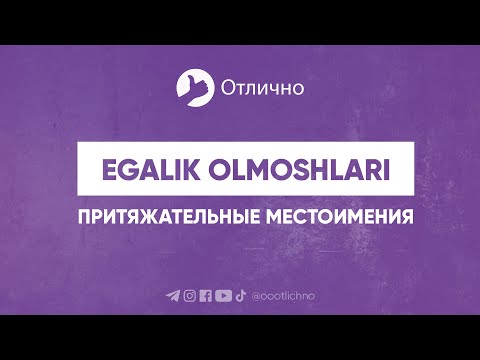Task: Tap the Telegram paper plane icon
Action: [x=173, y=295]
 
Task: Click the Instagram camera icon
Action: [x=189, y=295]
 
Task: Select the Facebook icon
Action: [x=205, y=295]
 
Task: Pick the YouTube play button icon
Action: [x=222, y=295]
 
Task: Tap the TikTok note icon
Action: [x=239, y=295]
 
